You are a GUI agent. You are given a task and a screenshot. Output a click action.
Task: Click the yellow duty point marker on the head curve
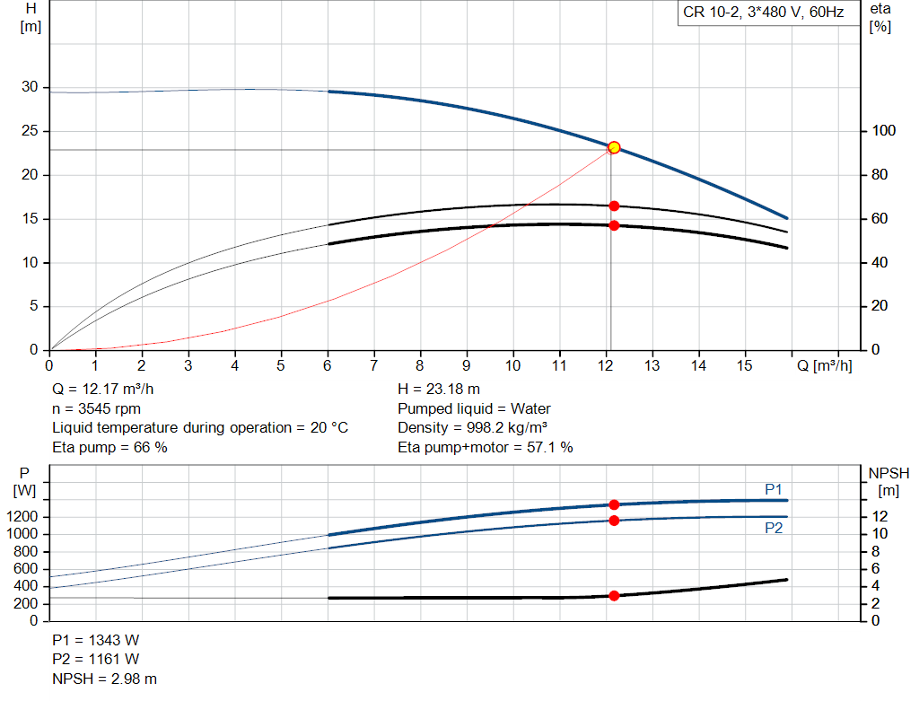click(614, 147)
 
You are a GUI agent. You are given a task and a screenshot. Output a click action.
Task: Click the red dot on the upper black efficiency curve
click(614, 206)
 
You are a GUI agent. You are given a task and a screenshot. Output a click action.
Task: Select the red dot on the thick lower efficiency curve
click(614, 225)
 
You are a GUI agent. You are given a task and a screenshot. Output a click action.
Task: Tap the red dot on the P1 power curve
click(614, 504)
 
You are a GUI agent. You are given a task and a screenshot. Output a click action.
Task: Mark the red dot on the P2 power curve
click(614, 521)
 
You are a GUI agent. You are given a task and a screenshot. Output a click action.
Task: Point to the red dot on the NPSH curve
click(614, 595)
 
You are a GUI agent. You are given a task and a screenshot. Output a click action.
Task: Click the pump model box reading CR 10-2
click(763, 13)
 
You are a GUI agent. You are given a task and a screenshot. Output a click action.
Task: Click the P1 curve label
click(774, 489)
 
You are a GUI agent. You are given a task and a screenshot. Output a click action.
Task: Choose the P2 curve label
click(774, 529)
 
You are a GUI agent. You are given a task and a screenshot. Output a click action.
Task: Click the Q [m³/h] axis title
click(825, 366)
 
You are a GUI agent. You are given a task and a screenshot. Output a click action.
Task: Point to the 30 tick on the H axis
click(31, 87)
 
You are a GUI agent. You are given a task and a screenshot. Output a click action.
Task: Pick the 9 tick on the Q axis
click(466, 365)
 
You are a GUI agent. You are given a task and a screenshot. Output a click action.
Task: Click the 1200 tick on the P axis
click(25, 517)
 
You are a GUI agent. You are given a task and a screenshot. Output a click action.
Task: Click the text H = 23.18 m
click(438, 389)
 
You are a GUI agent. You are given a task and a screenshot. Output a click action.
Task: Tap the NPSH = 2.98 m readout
click(104, 679)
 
